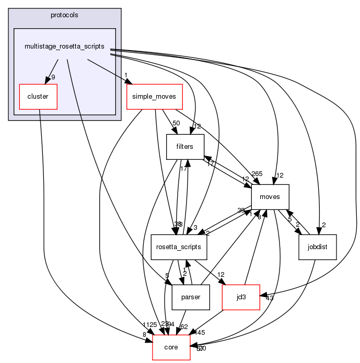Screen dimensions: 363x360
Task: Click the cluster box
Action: [38, 97]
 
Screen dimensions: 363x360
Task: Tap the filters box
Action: [185, 147]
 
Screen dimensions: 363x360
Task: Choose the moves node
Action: [270, 197]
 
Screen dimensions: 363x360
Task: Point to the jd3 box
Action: [241, 297]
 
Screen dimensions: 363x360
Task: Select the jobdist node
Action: [317, 247]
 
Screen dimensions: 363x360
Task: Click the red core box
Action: [171, 347]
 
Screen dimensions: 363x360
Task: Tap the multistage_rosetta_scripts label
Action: [64, 46]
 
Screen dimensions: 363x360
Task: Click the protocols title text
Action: [64, 15]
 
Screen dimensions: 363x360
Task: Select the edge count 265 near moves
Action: [257, 174]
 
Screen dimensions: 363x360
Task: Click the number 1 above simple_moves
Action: [126, 75]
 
